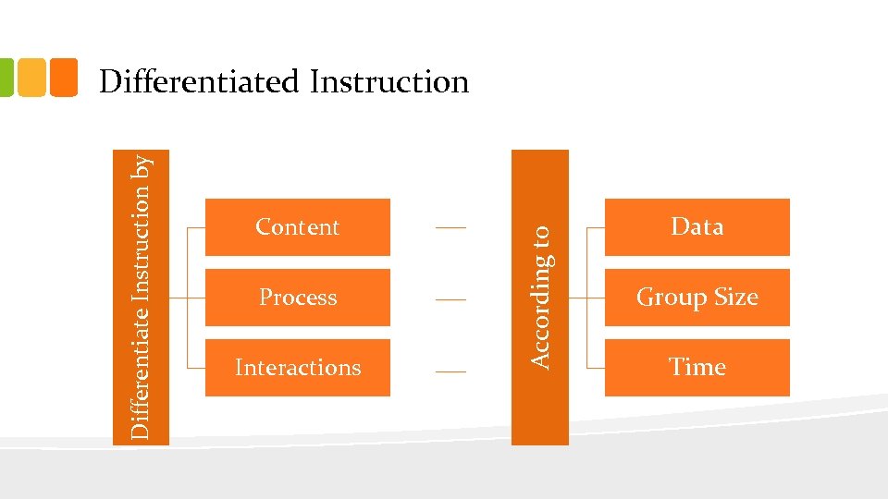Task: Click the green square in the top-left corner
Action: pyautogui.click(x=6, y=78)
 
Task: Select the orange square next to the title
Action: pyautogui.click(x=64, y=78)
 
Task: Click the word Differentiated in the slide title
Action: pyautogui.click(x=200, y=81)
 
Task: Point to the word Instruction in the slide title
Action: pyautogui.click(x=389, y=81)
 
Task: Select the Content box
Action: pyautogui.click(x=297, y=227)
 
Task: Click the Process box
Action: pyautogui.click(x=297, y=298)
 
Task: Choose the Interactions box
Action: pyautogui.click(x=297, y=368)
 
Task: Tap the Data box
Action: pyautogui.click(x=697, y=227)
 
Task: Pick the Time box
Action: pyautogui.click(x=697, y=368)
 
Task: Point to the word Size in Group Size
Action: pyautogui.click(x=736, y=298)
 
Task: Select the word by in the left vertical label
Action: pyautogui.click(x=142, y=166)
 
